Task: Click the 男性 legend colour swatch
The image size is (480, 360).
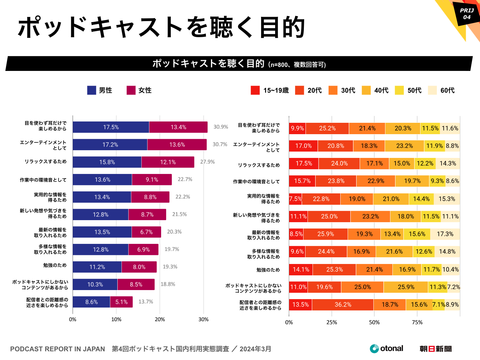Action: [x=92, y=90]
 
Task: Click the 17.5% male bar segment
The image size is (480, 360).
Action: [x=111, y=127]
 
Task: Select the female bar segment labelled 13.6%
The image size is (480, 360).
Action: [x=177, y=145]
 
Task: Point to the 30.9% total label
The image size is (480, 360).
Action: [x=221, y=127]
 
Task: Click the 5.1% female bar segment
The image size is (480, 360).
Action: [x=121, y=302]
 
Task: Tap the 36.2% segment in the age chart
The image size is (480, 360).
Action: [x=343, y=304]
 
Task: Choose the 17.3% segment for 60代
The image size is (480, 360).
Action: [x=445, y=234]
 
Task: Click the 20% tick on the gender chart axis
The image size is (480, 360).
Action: [x=160, y=320]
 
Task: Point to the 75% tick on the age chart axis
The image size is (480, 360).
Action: [x=417, y=322]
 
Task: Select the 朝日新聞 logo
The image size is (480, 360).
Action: [x=436, y=349]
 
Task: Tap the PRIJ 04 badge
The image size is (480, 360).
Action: [x=467, y=14]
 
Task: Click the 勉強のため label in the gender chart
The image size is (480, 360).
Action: [x=55, y=265]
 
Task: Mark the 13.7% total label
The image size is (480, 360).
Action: [x=146, y=302]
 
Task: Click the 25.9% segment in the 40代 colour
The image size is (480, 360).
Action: [x=406, y=287]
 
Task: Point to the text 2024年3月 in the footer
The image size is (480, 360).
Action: [x=255, y=349]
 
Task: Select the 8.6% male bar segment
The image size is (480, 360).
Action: [x=91, y=302]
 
